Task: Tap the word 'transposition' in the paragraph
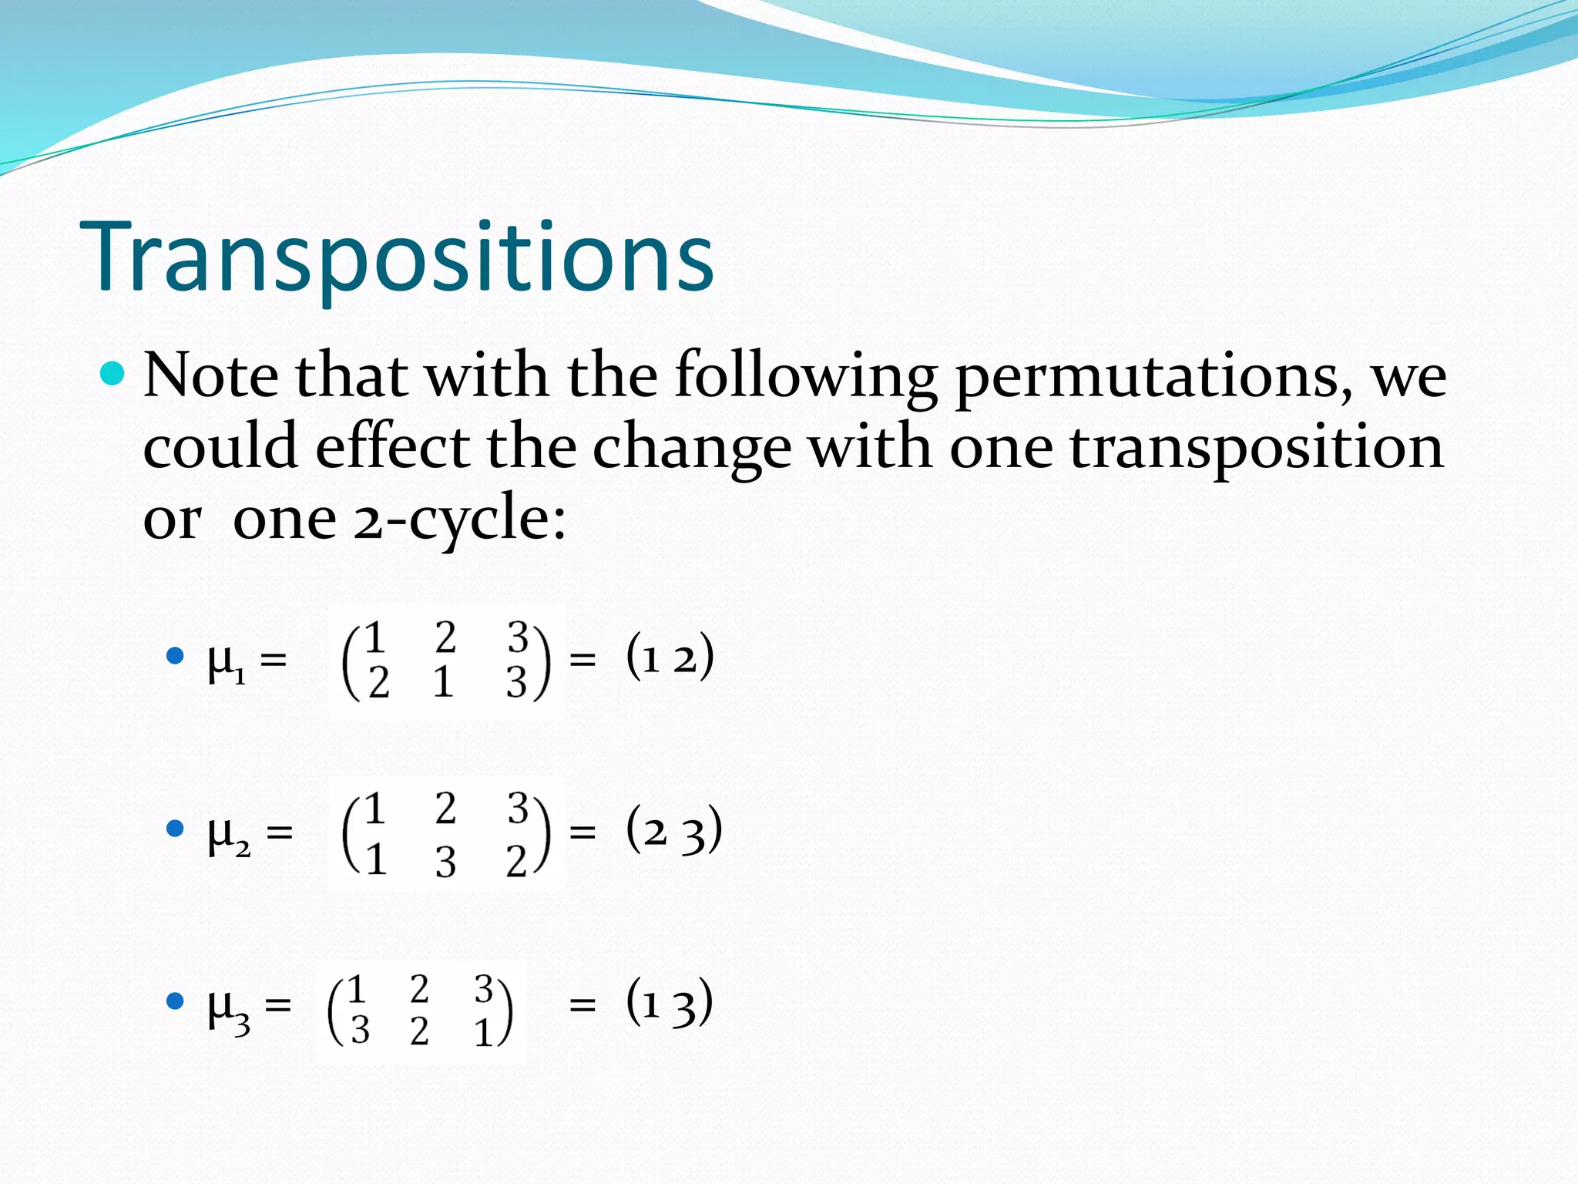(x=1257, y=448)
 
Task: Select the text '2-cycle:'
(x=460, y=520)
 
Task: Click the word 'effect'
(x=392, y=448)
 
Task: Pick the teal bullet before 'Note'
(x=112, y=374)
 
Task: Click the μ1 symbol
(x=227, y=662)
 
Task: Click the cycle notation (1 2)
(x=670, y=658)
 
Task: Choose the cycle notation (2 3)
(x=673, y=830)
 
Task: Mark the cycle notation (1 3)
(x=669, y=1003)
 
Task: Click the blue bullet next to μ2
(x=176, y=829)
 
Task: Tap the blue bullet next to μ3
(x=176, y=1001)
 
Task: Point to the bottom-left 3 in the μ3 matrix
(x=360, y=1030)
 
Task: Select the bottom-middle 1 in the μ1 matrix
(x=443, y=682)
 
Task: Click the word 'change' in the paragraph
(x=691, y=448)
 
